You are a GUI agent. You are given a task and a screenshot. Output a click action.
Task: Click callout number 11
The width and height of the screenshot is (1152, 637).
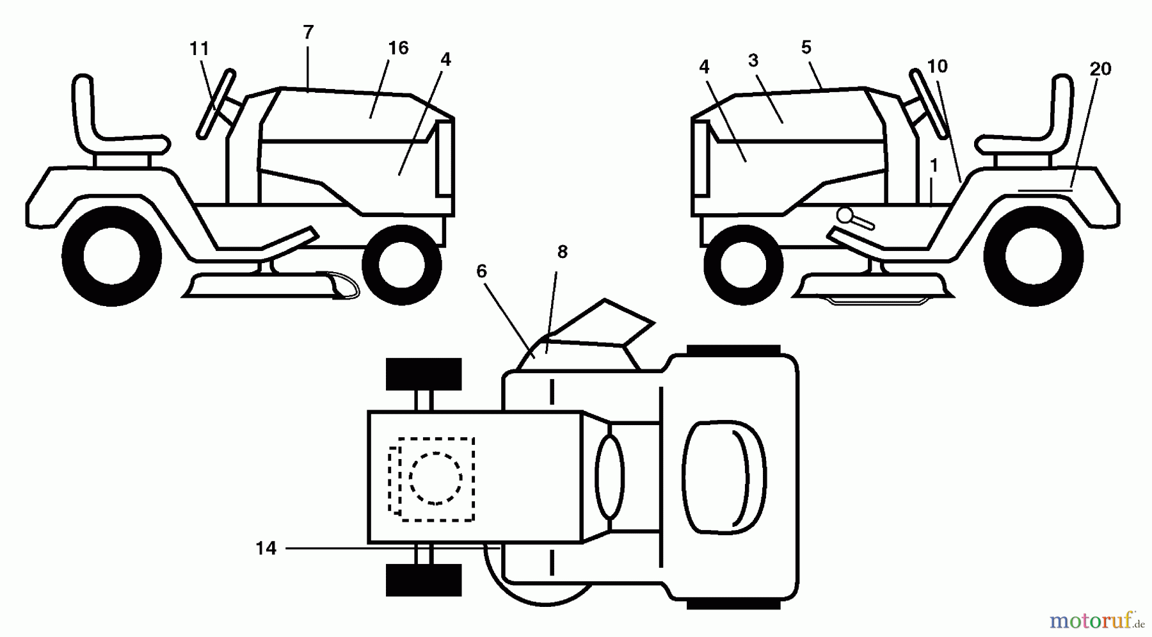[200, 49]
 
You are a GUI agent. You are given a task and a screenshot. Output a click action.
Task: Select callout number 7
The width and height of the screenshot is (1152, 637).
[308, 32]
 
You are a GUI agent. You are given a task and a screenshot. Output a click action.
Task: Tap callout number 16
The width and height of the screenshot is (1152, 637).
[398, 48]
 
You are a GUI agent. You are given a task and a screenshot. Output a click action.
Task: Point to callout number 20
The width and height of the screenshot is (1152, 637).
[1100, 69]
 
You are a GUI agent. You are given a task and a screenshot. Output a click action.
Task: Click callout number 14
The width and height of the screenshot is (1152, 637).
[266, 548]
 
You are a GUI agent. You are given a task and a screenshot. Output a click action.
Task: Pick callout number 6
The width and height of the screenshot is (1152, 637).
[481, 271]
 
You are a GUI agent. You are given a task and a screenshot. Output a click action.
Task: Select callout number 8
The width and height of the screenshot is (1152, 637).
[562, 252]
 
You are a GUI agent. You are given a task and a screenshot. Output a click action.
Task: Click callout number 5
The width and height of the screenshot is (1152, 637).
[806, 47]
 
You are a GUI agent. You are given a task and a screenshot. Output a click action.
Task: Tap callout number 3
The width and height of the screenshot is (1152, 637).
[753, 61]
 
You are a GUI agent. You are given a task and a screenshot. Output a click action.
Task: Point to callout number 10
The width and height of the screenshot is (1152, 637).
[937, 66]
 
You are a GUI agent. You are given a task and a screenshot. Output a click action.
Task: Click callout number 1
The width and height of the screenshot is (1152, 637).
[934, 166]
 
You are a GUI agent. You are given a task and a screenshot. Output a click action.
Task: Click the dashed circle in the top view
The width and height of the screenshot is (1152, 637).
[435, 478]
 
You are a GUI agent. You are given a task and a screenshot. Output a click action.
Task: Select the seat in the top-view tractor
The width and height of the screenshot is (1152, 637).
[724, 478]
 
